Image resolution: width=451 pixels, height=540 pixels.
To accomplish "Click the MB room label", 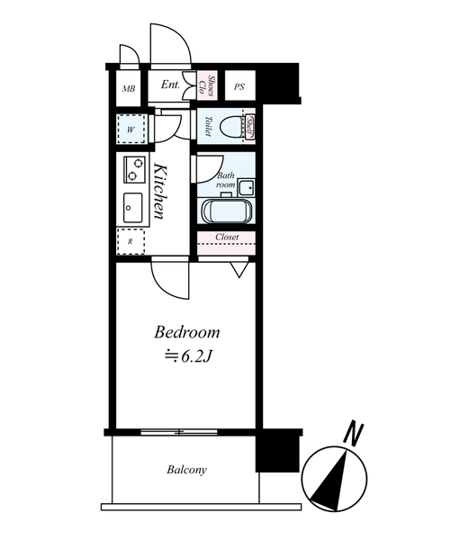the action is pos(129,88).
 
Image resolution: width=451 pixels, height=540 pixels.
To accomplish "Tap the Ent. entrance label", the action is pos(170,85).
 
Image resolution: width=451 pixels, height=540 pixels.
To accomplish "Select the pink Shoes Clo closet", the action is pos(207,85).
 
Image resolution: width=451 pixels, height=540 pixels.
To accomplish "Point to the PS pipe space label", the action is pos(239,86).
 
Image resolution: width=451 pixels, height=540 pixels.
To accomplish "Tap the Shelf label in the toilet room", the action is pos(250,127).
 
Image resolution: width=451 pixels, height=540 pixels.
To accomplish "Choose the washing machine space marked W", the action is pos(131,130).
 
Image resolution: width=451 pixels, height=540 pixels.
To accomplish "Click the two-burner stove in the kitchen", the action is pos(134,169).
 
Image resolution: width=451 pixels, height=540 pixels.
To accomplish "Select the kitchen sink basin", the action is pos(133,208).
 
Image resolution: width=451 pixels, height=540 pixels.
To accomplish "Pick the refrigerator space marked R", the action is pos(131,241).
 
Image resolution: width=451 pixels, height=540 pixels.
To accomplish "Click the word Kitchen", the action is pos(160,192).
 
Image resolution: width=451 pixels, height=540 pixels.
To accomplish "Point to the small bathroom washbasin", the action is pos(247,188).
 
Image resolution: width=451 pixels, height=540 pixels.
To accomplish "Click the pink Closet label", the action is pos(227,238).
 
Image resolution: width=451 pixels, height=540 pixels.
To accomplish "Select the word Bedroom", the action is pos(186,333).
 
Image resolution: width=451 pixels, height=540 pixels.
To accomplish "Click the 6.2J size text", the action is pos(195,357).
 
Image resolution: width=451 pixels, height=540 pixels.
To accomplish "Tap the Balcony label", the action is pos(186,470).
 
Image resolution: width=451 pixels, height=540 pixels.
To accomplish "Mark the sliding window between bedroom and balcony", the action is pos(179,432).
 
